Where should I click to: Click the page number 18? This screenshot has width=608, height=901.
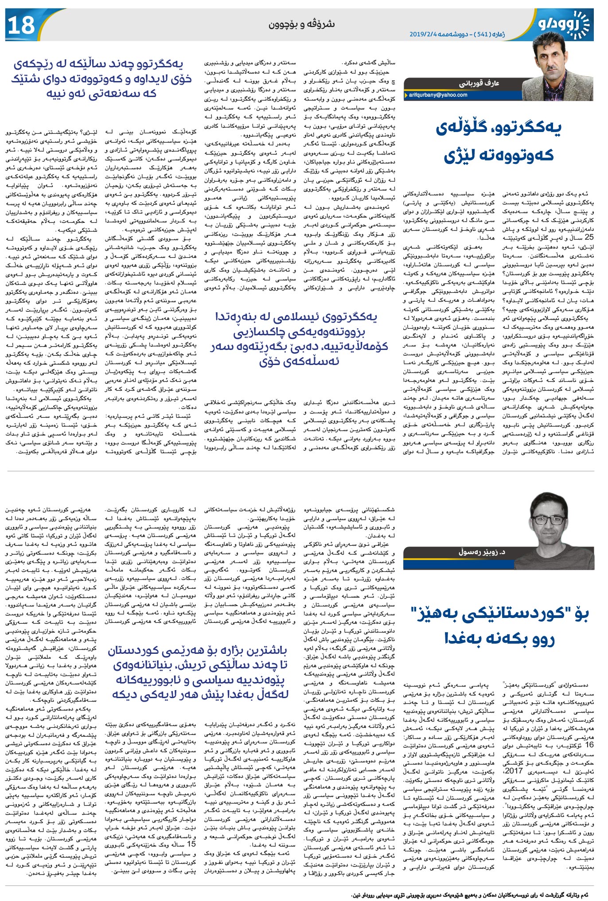tap(21, 25)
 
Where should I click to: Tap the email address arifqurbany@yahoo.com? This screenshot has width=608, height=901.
tap(438, 95)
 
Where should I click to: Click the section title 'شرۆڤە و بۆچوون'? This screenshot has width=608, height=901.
tap(301, 24)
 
